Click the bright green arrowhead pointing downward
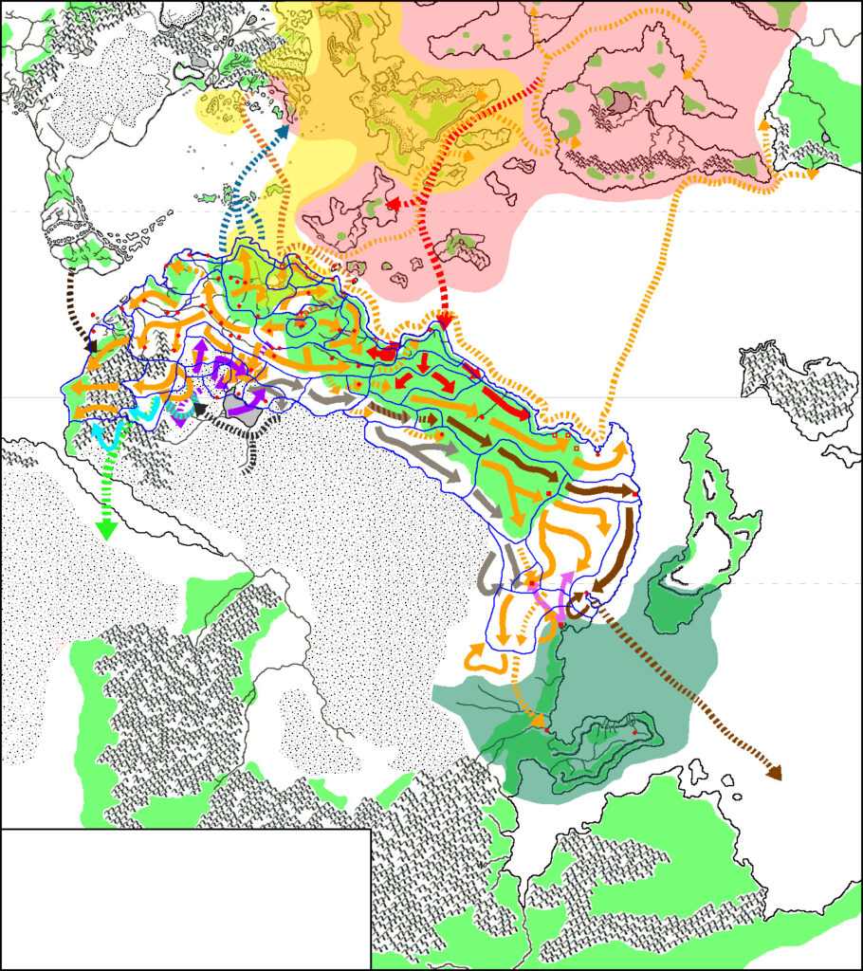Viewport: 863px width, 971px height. (x=105, y=529)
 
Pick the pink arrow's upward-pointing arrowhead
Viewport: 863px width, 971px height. (x=567, y=578)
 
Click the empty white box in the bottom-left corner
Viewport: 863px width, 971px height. (x=185, y=898)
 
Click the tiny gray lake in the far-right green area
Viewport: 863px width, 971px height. (x=827, y=138)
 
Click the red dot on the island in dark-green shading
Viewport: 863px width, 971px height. (x=633, y=732)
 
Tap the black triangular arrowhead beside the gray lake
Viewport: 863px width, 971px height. (x=200, y=409)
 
